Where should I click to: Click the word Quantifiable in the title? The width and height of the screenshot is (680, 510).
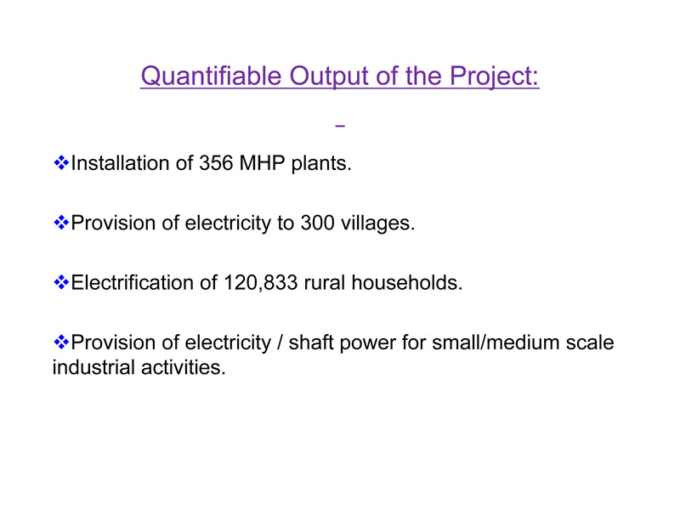click(x=211, y=76)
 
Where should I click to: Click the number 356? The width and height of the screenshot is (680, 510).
click(x=216, y=163)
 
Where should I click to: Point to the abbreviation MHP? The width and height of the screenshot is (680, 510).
click(x=262, y=163)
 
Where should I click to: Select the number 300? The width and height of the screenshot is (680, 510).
click(x=317, y=223)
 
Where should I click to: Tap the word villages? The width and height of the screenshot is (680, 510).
click(x=377, y=224)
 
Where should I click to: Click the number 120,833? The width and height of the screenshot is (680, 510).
click(x=261, y=283)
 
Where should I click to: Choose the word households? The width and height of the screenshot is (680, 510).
click(x=407, y=283)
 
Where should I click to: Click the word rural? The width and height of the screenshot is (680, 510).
click(x=325, y=283)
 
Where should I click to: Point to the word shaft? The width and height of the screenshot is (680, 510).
click(x=311, y=343)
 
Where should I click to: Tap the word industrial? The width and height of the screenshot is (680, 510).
click(x=93, y=367)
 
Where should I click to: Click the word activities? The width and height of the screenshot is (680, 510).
click(x=184, y=367)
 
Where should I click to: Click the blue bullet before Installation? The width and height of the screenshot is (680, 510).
click(x=61, y=163)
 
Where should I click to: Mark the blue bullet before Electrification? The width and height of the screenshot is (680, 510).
click(x=61, y=283)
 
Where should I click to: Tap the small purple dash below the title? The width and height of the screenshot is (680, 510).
click(x=340, y=126)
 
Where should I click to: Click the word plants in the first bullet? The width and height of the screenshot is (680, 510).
click(x=321, y=164)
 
